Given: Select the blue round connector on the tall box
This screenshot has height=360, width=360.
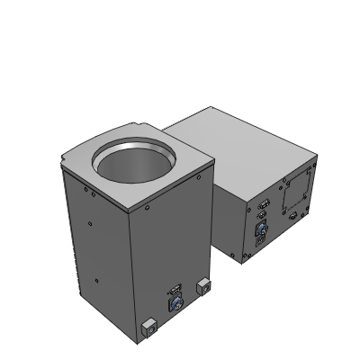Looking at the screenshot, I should tap(175, 306).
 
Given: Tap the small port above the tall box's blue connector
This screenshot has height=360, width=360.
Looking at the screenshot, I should tap(175, 291).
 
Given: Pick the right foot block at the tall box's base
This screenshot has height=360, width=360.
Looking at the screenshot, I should tap(203, 287).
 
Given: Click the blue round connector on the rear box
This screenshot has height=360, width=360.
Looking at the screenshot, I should tap(261, 231).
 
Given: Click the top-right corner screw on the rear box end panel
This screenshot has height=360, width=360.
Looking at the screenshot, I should tap(314, 167).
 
